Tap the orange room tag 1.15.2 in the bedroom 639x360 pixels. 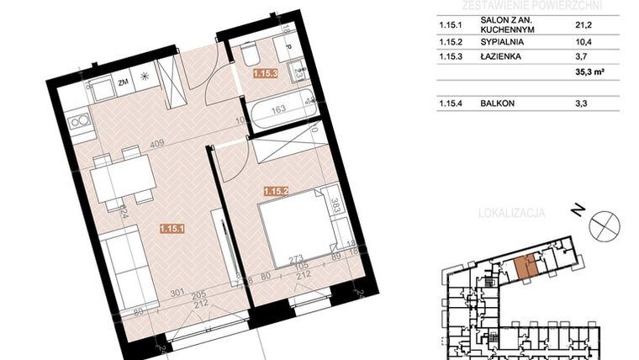[276, 191]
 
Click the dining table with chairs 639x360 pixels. [122, 179]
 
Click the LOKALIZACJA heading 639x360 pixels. [511, 214]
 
